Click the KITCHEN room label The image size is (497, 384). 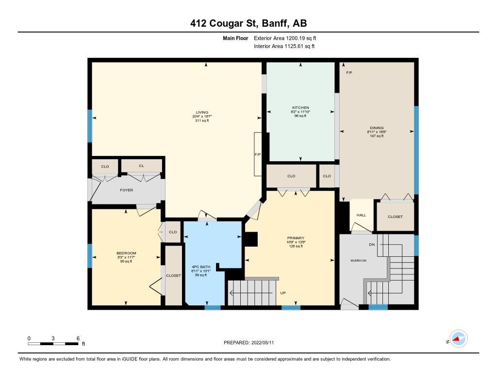tap(300, 107)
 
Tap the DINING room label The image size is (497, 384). tap(377, 128)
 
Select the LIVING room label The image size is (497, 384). tap(202, 112)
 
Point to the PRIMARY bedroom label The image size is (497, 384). tap(296, 238)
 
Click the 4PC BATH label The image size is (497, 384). tap(201, 267)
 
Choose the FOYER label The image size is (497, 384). tap(127, 190)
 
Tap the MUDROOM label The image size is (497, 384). tap(359, 261)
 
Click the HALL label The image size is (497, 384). tap(361, 215)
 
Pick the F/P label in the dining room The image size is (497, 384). tap(349, 73)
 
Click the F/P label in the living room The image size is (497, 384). tap(258, 155)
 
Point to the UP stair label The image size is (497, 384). tap(283, 293)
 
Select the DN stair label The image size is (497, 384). tap(372, 245)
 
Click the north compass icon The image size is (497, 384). tap(459, 339)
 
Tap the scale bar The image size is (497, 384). tap(53, 343)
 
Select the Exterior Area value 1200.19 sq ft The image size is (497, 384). tap(301, 38)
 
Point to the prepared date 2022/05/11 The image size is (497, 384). tap(263, 342)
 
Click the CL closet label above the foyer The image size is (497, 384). tap(141, 166)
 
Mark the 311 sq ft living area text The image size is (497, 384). tap(202, 120)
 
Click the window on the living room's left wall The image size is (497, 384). tap(90, 126)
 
